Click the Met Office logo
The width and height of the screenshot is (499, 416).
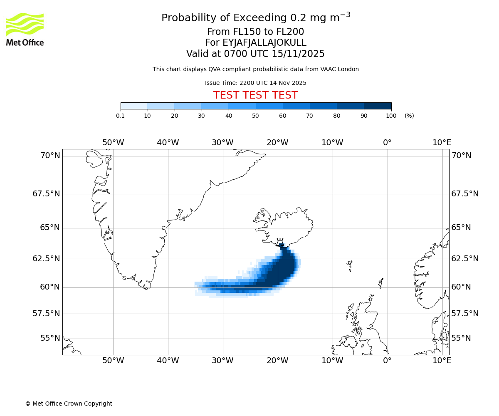pos(25,29)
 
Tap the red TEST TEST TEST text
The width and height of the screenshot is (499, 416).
pos(255,95)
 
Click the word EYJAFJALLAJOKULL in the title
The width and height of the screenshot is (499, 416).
pos(264,43)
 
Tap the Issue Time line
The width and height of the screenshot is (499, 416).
pos(255,83)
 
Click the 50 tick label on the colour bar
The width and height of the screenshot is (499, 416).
pos(255,116)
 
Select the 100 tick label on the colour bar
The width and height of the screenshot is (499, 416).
pos(391,116)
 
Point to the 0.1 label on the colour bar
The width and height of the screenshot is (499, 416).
pos(121,116)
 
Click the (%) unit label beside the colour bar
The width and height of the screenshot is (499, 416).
pos(409,116)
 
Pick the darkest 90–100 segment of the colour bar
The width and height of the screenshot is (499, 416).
pos(378,106)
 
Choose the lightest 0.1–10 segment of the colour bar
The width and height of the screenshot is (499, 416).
pos(134,106)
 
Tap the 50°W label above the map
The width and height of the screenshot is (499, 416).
pos(113,143)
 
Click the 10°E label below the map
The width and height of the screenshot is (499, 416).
pos(442,361)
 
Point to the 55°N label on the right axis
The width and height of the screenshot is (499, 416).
pos(461,338)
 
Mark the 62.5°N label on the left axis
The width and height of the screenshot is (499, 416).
pos(46,259)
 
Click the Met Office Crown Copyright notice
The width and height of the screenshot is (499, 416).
pos(69,404)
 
